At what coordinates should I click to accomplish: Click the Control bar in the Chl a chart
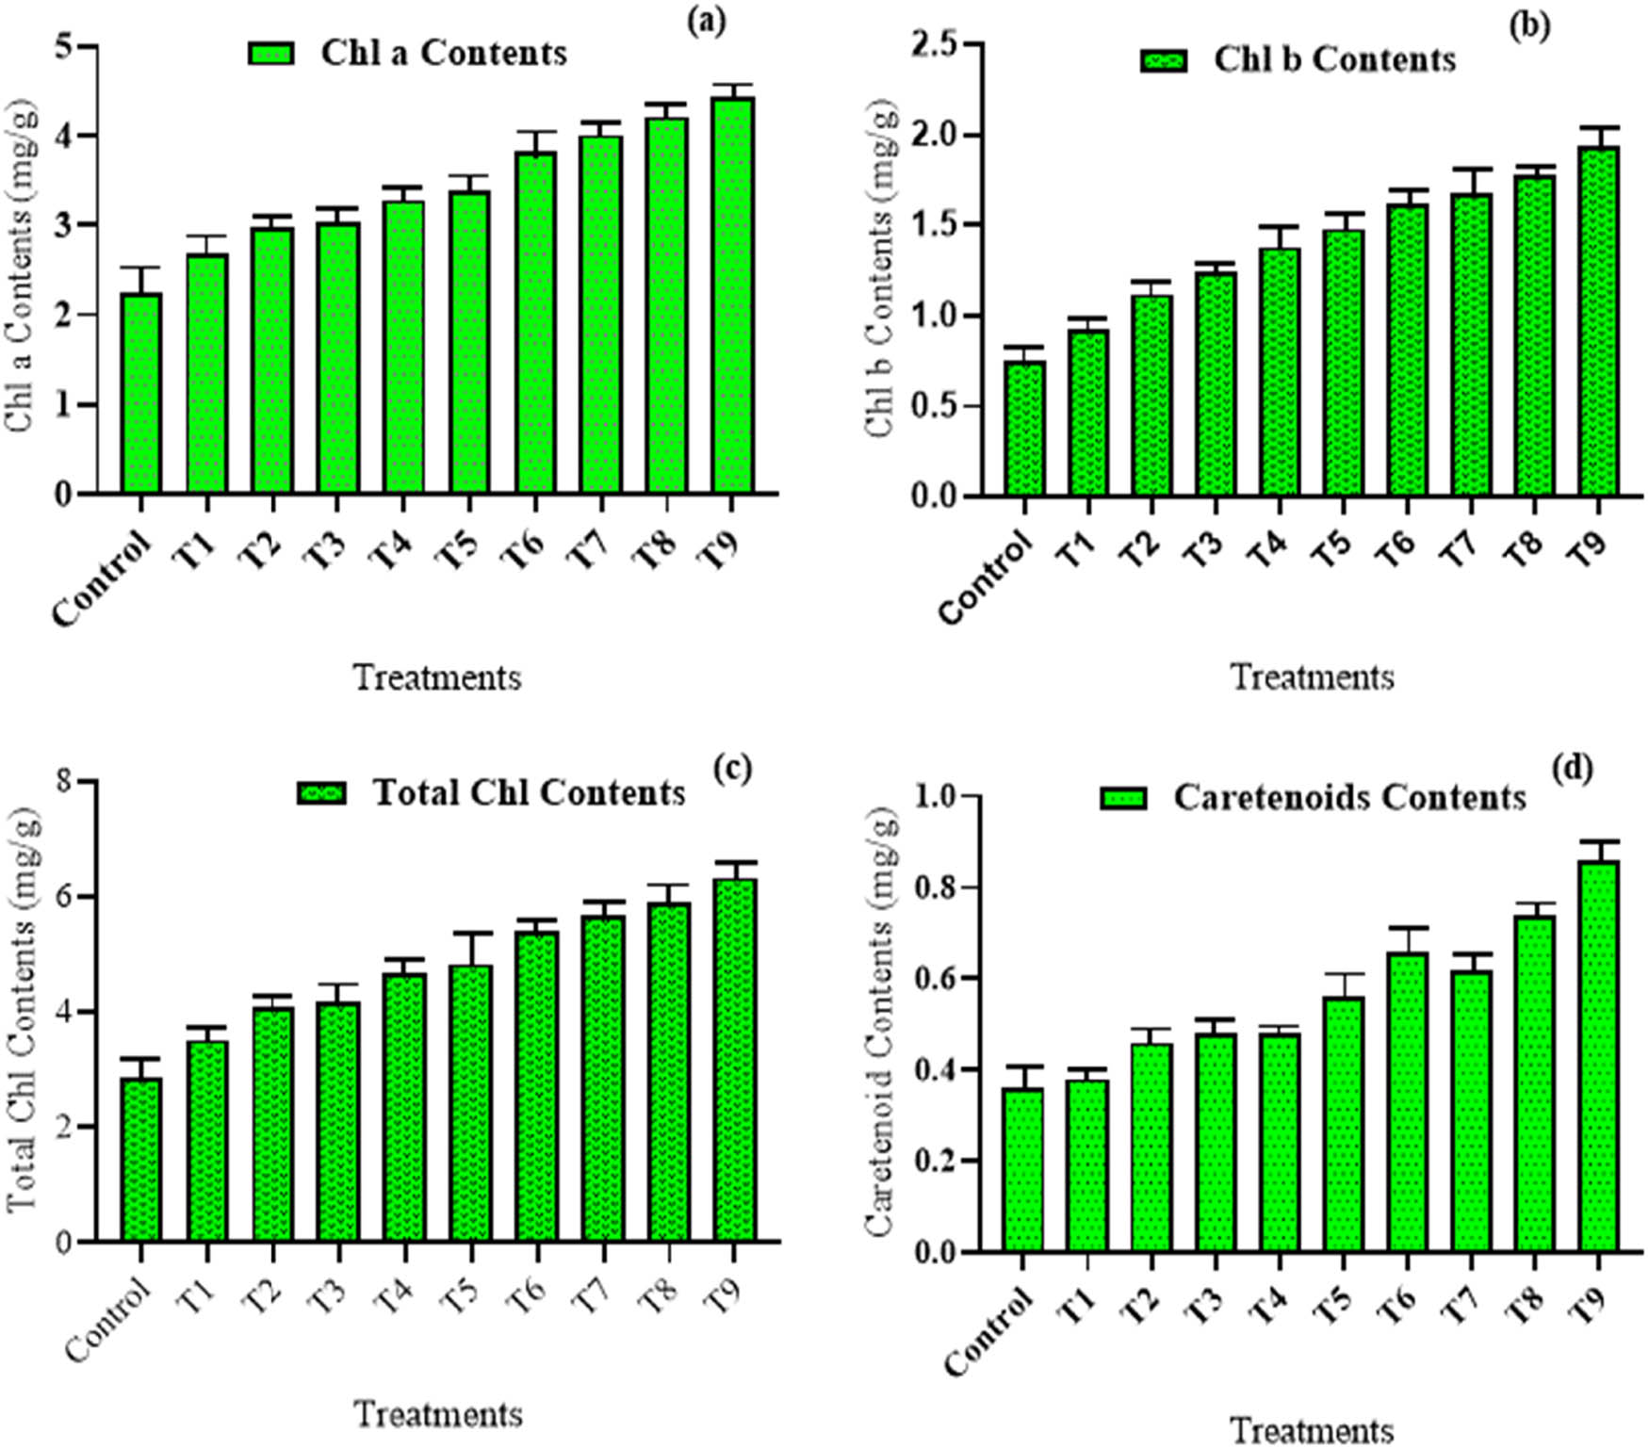[x=141, y=393]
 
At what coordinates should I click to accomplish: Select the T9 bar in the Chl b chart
[x=1599, y=321]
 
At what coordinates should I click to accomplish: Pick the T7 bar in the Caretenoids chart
[x=1472, y=1112]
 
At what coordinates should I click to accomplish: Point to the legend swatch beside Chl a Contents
[x=271, y=53]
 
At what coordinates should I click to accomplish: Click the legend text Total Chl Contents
[x=530, y=792]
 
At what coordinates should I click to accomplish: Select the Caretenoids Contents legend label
[x=1349, y=798]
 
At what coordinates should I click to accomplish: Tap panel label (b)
[x=1528, y=26]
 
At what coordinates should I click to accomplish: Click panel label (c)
[x=732, y=768]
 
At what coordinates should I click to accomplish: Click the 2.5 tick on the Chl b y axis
[x=933, y=44]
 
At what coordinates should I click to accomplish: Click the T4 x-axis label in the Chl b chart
[x=1267, y=549]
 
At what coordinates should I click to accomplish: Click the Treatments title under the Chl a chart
[x=437, y=677]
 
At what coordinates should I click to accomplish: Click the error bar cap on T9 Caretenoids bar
[x=1599, y=840]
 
